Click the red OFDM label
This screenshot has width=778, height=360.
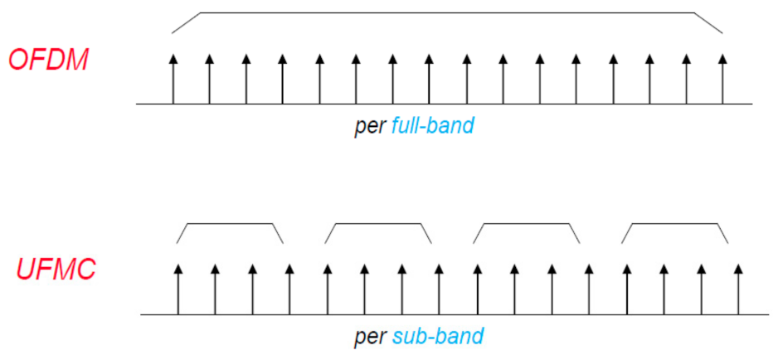(48, 60)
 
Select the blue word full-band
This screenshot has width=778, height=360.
(432, 127)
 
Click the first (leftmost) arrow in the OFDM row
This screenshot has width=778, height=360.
(173, 79)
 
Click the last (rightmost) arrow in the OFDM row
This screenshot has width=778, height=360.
(722, 79)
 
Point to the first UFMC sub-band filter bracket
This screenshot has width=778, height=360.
(230, 225)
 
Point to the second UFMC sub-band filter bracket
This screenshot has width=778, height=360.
(378, 225)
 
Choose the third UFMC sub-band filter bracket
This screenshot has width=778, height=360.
(526, 225)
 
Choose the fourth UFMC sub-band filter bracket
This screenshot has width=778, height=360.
(674, 225)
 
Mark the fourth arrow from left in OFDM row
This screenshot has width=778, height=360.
(282, 79)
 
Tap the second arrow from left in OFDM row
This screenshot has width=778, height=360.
(209, 79)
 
